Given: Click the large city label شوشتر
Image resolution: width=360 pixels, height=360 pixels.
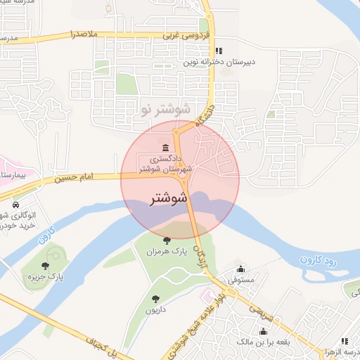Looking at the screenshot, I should pos(169,199).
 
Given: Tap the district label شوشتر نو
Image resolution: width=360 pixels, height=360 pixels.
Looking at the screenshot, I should pos(165,110).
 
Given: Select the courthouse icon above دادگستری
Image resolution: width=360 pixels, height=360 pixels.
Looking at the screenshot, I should pos(165,147).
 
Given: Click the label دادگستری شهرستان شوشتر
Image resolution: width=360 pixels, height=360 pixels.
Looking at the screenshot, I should pos(165,164).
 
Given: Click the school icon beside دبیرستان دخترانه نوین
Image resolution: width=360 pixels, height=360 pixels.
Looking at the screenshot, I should pos(219,51).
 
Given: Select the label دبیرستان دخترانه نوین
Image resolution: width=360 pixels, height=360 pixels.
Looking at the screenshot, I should pos(219,62).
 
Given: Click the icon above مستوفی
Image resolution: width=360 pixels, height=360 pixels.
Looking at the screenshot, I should pos(241,269).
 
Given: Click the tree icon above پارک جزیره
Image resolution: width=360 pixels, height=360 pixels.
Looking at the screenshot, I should pos(46,266).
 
